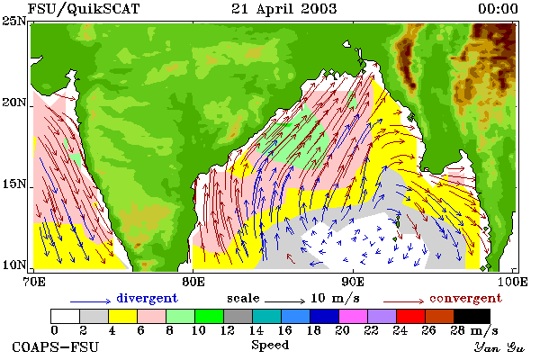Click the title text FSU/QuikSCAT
click(84, 9)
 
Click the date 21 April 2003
click(283, 9)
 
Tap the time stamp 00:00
click(498, 9)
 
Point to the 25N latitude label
click(13, 21)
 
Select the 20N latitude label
click(13, 103)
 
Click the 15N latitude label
click(13, 184)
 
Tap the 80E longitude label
click(193, 282)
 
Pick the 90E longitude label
click(353, 282)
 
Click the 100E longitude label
click(512, 282)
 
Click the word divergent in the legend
click(147, 298)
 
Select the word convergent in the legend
click(465, 298)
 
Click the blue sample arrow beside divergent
click(91, 301)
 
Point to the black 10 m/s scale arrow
click(284, 301)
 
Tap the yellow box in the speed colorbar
click(122, 316)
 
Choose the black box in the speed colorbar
click(472, 316)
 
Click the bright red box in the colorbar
click(411, 316)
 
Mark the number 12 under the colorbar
click(228, 330)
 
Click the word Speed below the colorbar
click(270, 346)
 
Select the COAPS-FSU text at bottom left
click(56, 346)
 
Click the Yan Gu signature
click(499, 347)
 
